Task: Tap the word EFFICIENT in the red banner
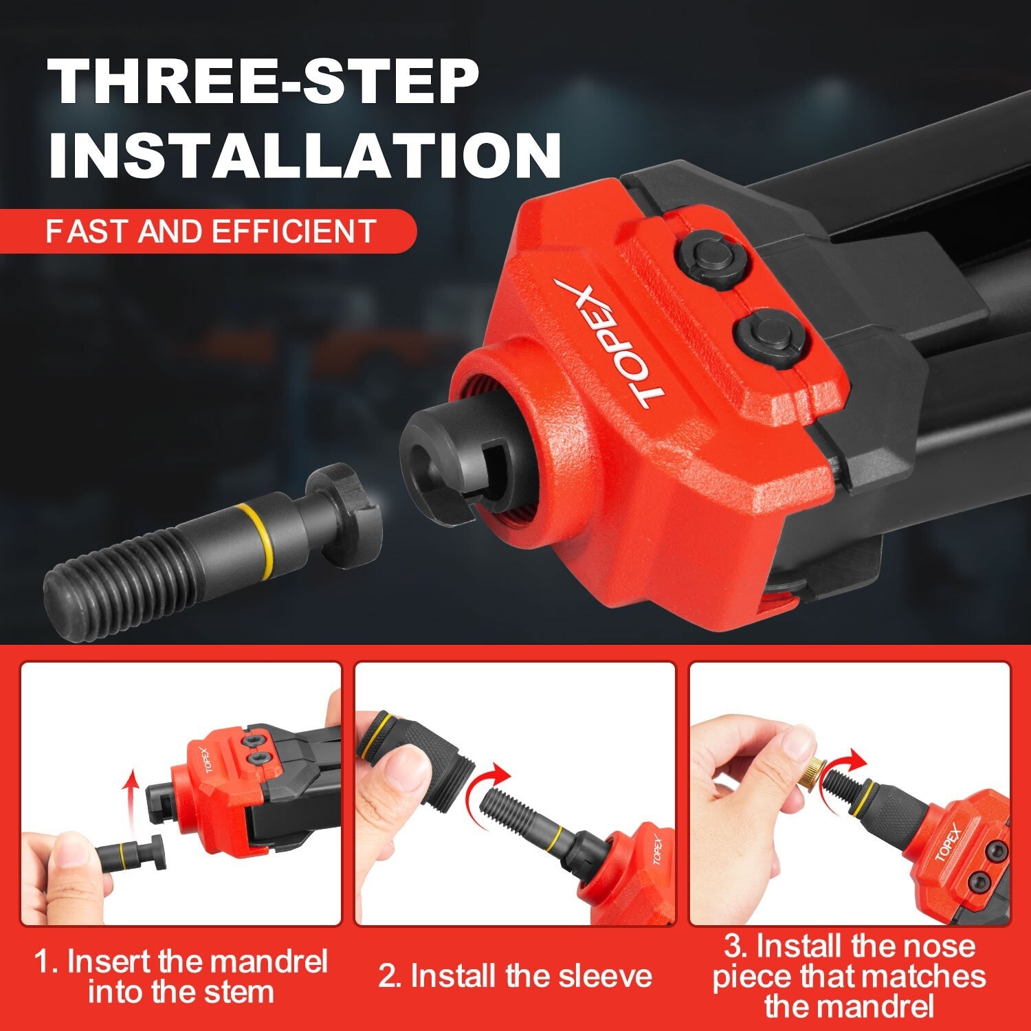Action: click(x=293, y=232)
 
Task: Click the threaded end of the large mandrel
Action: click(x=117, y=579)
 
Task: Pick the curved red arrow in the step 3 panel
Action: click(x=847, y=762)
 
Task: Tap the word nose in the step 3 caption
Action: click(x=942, y=946)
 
